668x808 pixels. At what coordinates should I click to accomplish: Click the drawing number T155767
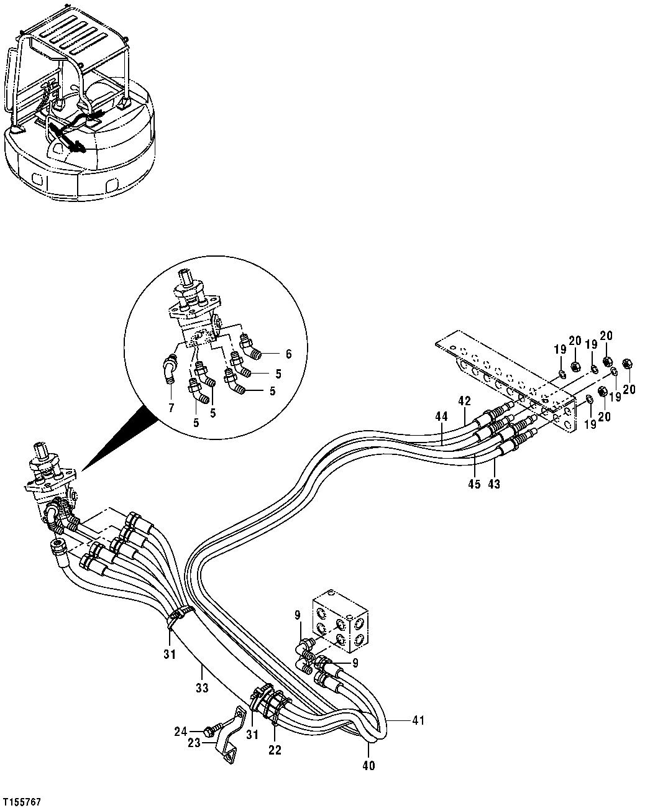(22, 802)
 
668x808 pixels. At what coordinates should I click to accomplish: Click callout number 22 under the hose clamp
(275, 750)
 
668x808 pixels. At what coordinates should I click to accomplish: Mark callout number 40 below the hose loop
(368, 766)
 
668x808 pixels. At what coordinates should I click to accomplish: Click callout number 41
(417, 720)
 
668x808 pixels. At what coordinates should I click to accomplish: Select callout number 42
(464, 401)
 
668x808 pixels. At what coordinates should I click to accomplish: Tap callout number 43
(495, 484)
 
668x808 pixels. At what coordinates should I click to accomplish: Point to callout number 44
(441, 417)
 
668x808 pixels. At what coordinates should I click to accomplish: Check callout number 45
(474, 484)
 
